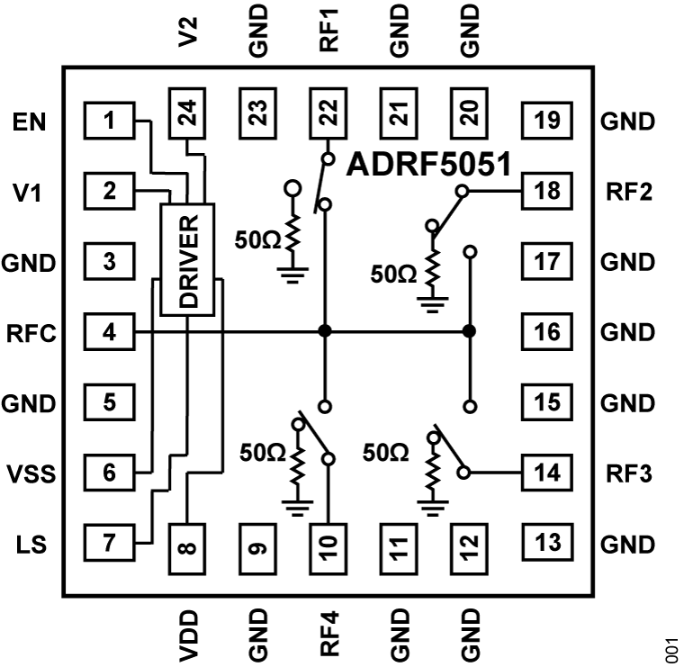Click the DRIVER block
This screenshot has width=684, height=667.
pos(187,260)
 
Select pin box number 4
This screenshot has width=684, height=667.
pos(108,332)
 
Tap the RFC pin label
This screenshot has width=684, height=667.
pos(31,332)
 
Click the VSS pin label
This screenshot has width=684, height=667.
pos(31,473)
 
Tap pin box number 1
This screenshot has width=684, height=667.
pos(108,121)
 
